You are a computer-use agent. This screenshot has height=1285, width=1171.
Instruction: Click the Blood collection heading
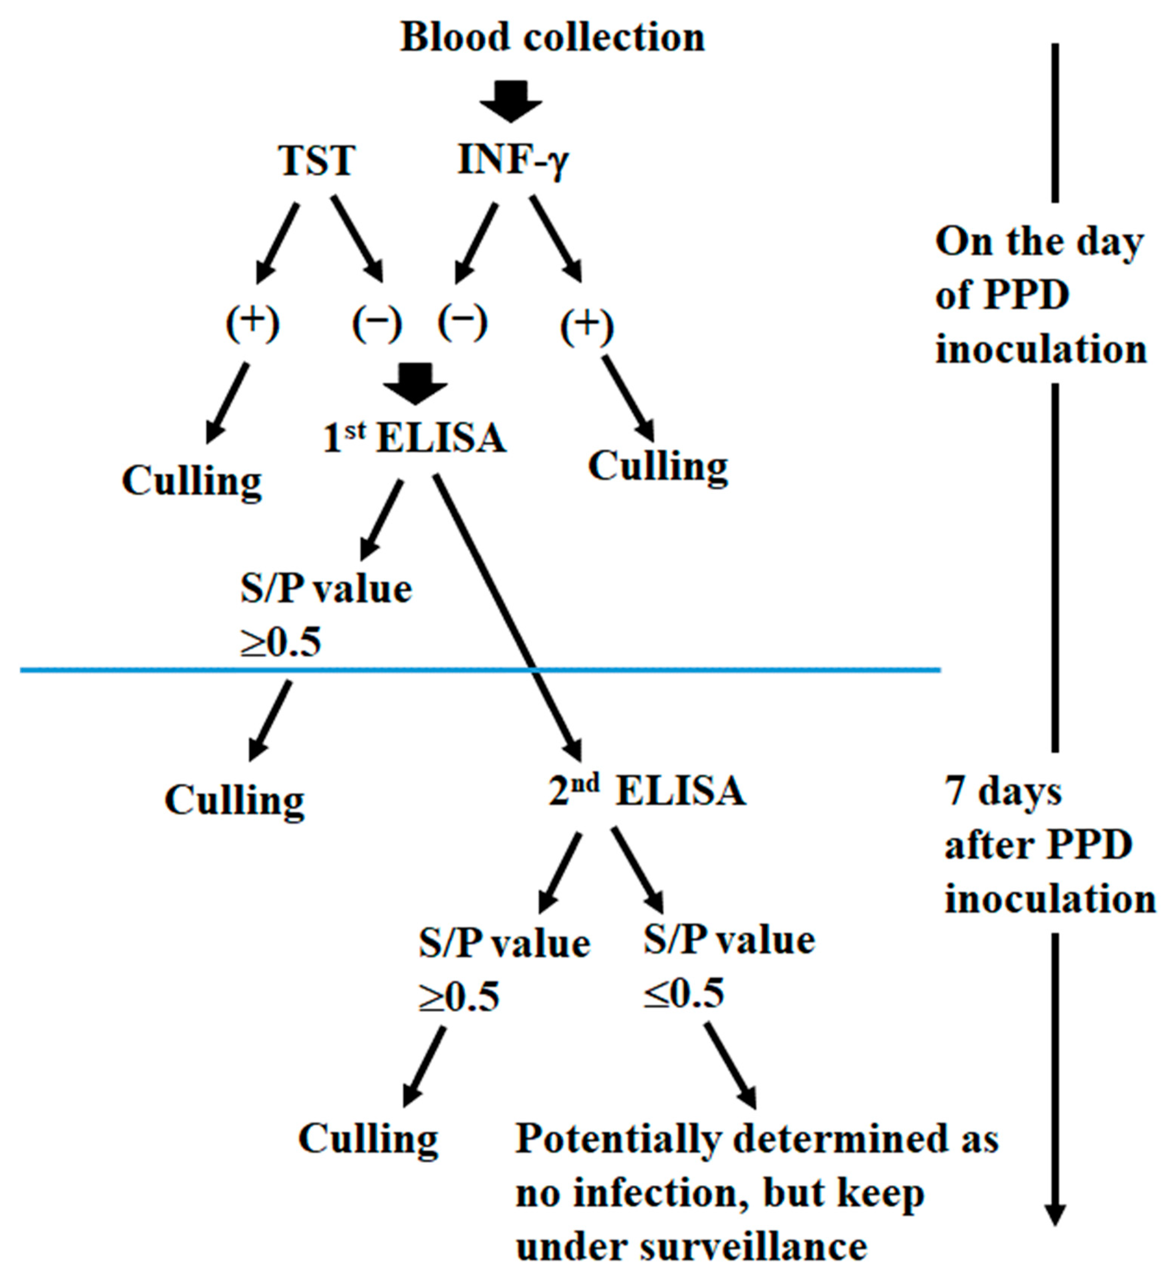tap(552, 38)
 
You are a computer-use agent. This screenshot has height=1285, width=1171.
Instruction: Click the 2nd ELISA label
tap(646, 791)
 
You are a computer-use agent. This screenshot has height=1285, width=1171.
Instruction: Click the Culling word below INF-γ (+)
tap(658, 467)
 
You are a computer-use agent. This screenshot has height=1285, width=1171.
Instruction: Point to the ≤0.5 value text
tap(683, 994)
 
